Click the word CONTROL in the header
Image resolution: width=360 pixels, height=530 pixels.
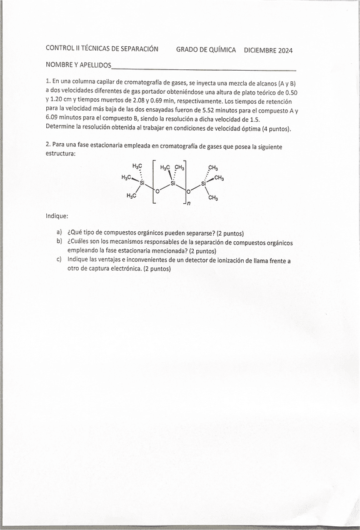click(x=60, y=49)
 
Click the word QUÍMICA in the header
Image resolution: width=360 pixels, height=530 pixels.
click(x=222, y=50)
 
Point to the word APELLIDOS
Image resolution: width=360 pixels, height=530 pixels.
click(x=94, y=65)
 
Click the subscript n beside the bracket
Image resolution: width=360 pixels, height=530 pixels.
click(x=189, y=204)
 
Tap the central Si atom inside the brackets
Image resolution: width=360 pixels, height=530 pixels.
click(x=172, y=184)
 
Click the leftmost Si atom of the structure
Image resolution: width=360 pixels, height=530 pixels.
click(x=142, y=184)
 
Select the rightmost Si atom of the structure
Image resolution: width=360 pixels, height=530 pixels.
click(x=204, y=184)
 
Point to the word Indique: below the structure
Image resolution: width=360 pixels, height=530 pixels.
click(x=57, y=216)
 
